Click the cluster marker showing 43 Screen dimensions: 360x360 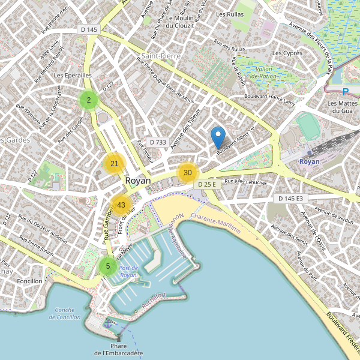(x=121, y=205)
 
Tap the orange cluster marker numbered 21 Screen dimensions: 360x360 (x=115, y=163)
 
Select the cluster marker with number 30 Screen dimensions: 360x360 (x=188, y=173)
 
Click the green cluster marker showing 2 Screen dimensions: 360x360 (x=89, y=100)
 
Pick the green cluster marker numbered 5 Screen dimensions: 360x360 (x=108, y=266)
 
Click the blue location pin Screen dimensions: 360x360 (x=218, y=137)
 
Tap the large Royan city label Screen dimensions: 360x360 (x=138, y=180)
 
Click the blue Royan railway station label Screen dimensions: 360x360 (x=309, y=162)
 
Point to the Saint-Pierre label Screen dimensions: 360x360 (x=158, y=56)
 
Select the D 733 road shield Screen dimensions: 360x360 (x=157, y=142)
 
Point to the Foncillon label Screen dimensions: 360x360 (x=30, y=281)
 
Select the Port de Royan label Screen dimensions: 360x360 (x=128, y=271)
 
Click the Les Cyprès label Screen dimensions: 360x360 (x=287, y=53)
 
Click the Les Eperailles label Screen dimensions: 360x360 (x=73, y=76)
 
